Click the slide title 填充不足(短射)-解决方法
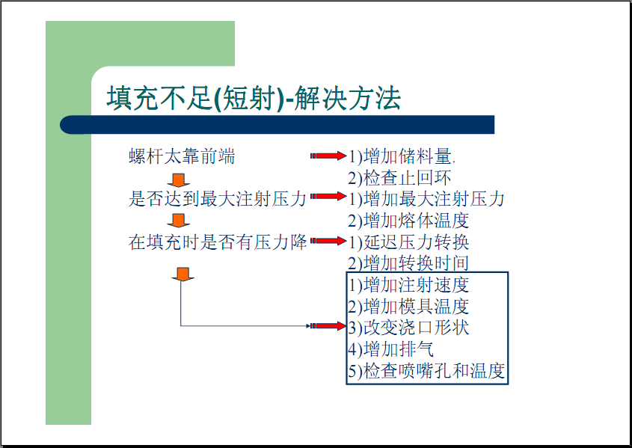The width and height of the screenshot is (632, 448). pyautogui.click(x=254, y=98)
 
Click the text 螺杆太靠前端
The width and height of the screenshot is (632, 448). pyautogui.click(x=182, y=156)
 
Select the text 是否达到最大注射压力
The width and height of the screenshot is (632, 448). pyautogui.click(x=218, y=199)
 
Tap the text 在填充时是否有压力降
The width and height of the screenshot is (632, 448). pyautogui.click(x=218, y=242)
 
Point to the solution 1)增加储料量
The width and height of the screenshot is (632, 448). pyautogui.click(x=402, y=156)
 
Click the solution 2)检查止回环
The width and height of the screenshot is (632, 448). pyautogui.click(x=399, y=178)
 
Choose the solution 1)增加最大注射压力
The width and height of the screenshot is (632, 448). pyautogui.click(x=426, y=199)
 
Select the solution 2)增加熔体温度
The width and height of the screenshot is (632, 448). pyautogui.click(x=408, y=221)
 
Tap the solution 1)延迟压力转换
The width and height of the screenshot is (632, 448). pyautogui.click(x=408, y=242)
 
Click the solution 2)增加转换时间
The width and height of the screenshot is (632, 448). pyautogui.click(x=408, y=263)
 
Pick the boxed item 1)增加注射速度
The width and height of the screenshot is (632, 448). pyautogui.click(x=408, y=285)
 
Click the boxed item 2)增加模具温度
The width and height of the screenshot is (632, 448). pyautogui.click(x=408, y=307)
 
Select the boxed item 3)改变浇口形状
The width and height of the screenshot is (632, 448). pyautogui.click(x=408, y=328)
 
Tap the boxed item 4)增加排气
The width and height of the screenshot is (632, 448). pyautogui.click(x=390, y=349)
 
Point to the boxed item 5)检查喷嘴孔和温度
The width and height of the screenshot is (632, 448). pyautogui.click(x=426, y=371)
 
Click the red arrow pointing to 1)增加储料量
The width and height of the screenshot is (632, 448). pyautogui.click(x=328, y=156)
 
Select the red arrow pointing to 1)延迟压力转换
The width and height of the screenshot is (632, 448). pyautogui.click(x=328, y=241)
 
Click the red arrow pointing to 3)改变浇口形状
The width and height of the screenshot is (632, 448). pyautogui.click(x=328, y=325)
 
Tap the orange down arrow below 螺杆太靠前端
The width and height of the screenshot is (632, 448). pyautogui.click(x=178, y=180)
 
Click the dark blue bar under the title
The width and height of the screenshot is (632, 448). pyautogui.click(x=277, y=125)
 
